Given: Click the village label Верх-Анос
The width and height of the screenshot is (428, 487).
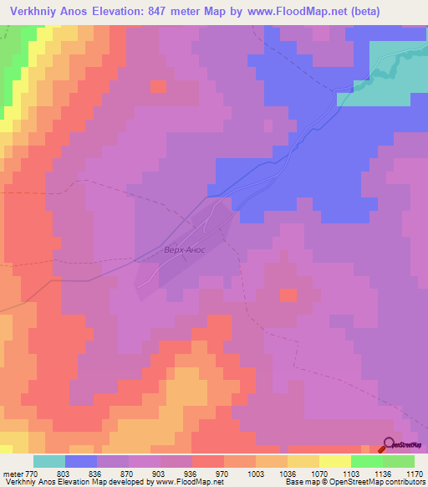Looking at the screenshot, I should tap(183, 249).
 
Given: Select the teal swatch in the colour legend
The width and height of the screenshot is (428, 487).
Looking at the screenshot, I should tap(49, 461).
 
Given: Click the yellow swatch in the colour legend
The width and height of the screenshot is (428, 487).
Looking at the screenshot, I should tap(335, 461).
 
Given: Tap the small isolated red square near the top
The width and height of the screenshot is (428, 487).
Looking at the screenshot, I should tap(158, 85).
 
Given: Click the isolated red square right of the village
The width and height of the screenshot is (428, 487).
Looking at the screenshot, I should tap(288, 295).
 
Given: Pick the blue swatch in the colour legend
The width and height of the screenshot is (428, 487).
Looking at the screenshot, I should tap(81, 461).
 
